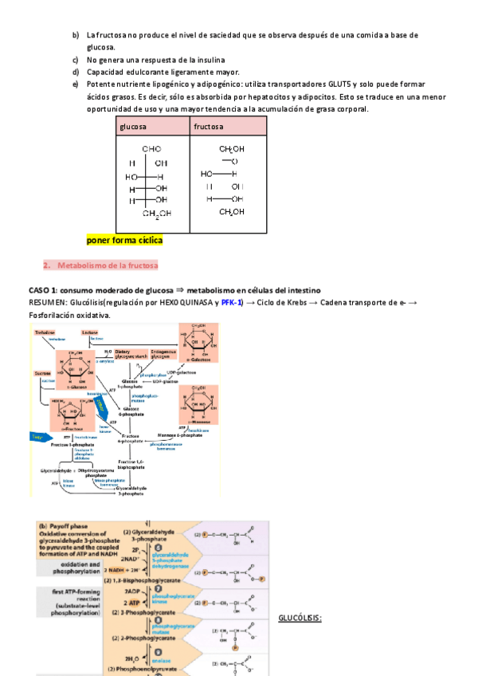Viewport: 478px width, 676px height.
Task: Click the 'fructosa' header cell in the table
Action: (209, 128)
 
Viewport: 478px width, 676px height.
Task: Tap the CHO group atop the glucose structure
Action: (151, 149)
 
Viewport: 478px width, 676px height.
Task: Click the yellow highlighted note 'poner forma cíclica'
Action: (123, 240)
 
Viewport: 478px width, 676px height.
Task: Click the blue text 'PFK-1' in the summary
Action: (232, 303)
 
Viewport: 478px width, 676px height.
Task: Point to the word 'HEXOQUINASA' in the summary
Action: (188, 303)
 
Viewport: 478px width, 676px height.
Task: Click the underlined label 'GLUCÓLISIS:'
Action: (299, 618)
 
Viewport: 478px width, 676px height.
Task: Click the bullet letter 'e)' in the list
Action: (75, 84)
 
